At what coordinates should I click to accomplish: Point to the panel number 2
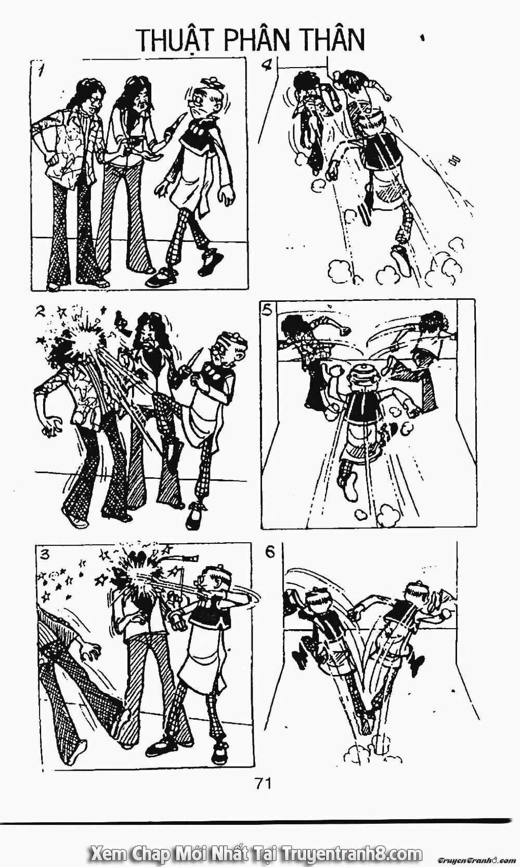tap(40, 312)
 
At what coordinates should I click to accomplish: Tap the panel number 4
tap(269, 67)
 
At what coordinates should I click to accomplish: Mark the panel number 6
tap(270, 552)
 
